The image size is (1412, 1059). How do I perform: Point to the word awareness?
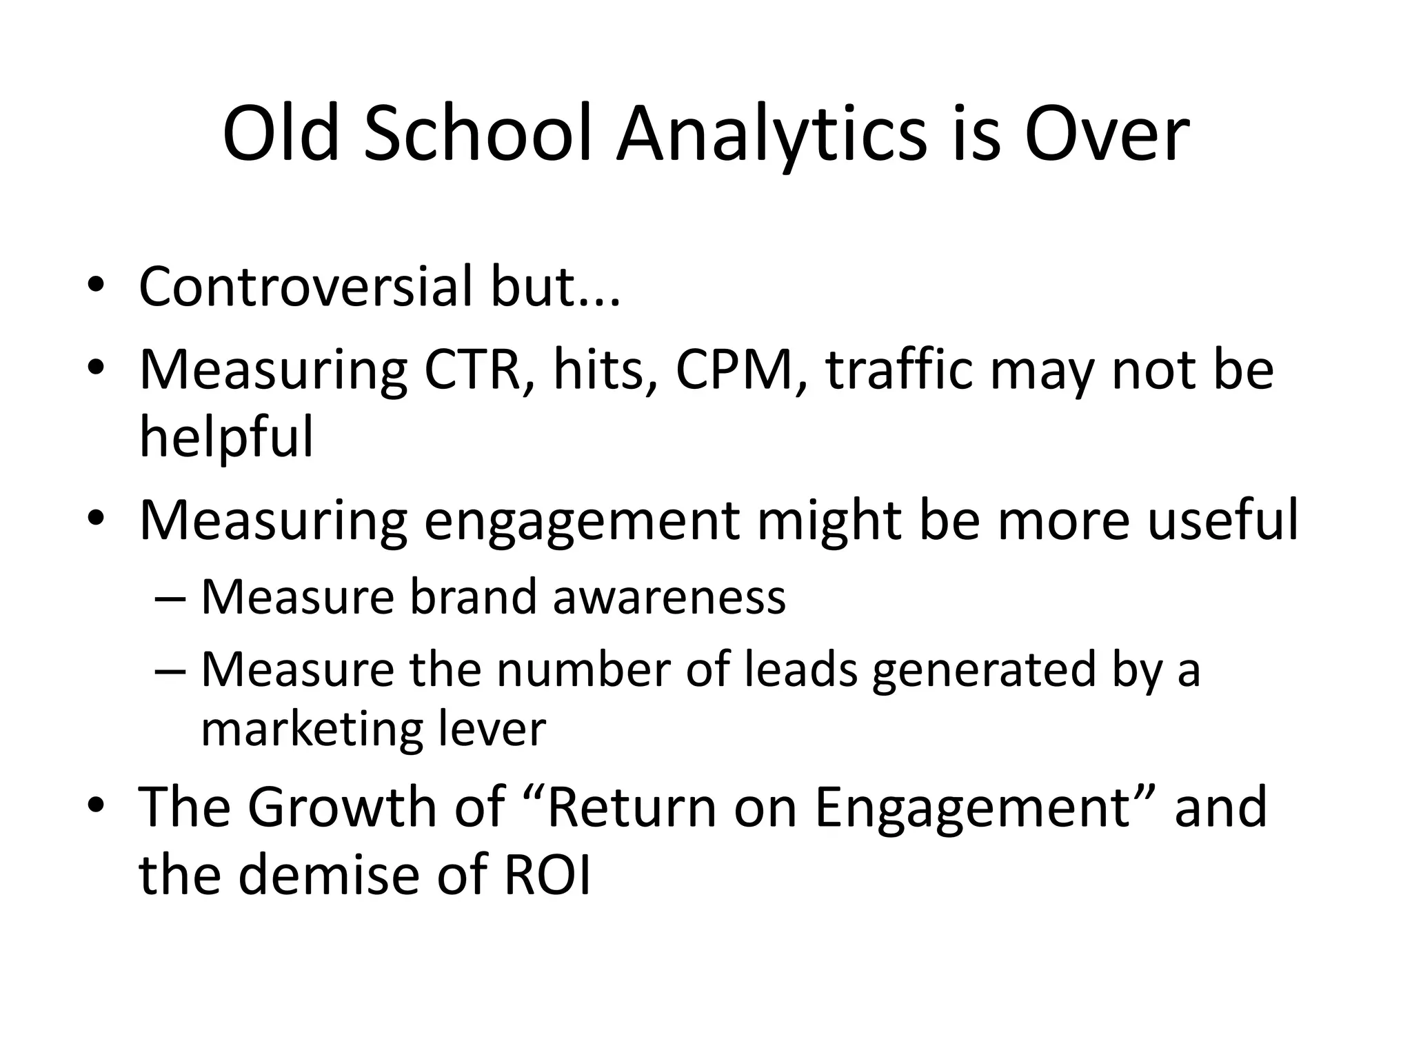click(669, 597)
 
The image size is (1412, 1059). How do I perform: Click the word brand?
click(473, 597)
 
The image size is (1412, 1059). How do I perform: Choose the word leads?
click(802, 670)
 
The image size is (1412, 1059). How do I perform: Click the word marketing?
click(311, 731)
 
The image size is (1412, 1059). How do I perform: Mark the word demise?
click(330, 875)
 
